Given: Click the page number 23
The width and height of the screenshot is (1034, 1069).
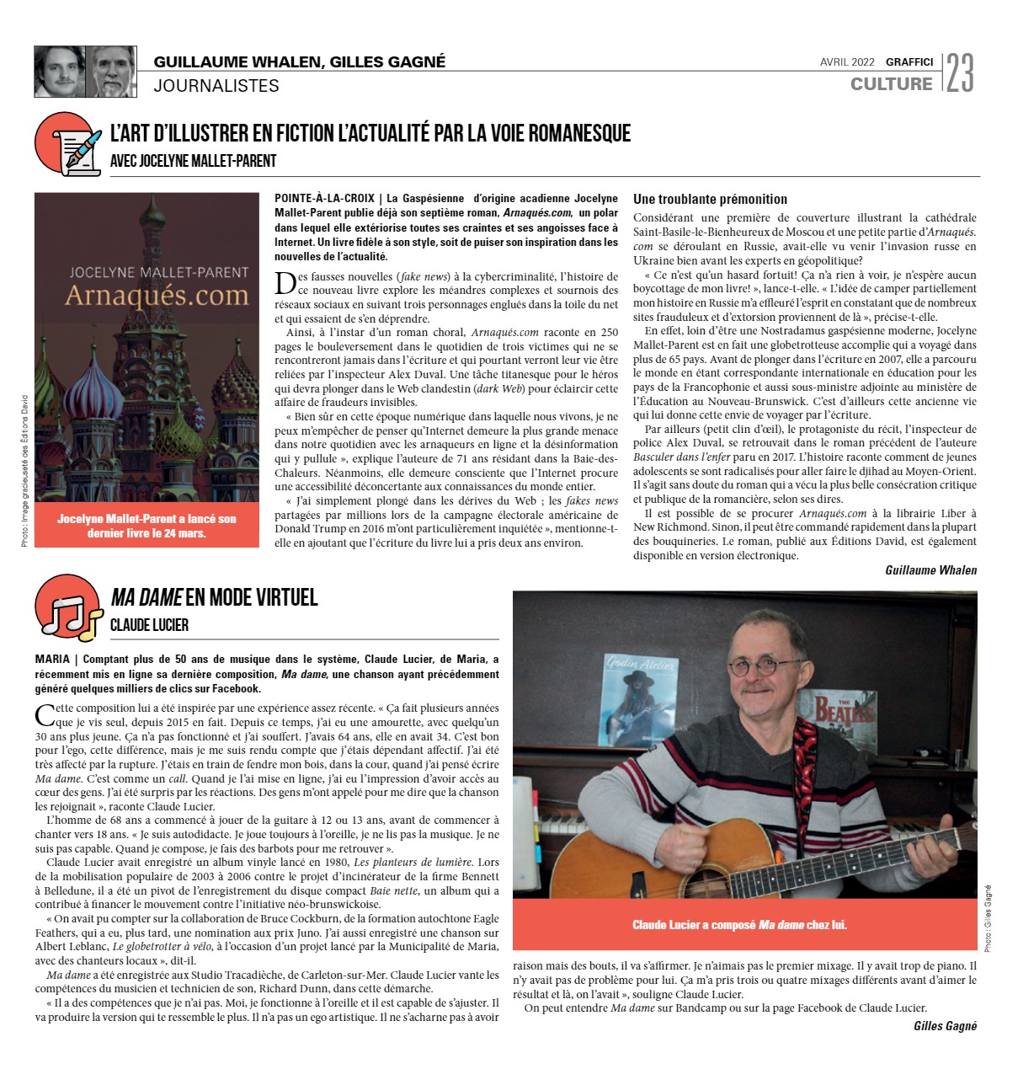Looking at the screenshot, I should click(960, 72).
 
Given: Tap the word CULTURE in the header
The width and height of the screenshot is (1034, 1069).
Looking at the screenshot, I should click(891, 83).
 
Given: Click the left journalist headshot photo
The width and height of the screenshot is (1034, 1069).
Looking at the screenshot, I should click(59, 72).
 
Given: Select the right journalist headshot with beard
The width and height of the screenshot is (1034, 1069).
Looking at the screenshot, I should click(111, 72).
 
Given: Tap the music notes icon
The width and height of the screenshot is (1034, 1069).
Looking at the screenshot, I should click(70, 608).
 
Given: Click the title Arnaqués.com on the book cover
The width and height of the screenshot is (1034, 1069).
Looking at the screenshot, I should click(157, 296).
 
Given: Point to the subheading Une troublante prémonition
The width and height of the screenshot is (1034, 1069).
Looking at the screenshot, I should click(710, 200).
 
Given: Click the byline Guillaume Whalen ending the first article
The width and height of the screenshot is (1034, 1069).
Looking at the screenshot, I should click(930, 570).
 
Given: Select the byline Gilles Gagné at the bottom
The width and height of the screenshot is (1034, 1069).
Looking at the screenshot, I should click(945, 1026).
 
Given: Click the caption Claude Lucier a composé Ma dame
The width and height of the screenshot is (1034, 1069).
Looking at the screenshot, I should click(738, 925).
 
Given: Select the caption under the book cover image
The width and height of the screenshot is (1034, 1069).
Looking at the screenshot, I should click(147, 526).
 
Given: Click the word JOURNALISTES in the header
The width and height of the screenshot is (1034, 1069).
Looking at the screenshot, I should click(216, 86).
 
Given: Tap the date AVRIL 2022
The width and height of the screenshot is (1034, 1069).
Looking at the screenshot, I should click(846, 62).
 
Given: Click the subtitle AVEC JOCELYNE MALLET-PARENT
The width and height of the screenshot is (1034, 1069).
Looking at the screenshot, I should click(193, 161).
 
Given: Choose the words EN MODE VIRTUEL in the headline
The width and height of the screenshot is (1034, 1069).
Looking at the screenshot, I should click(252, 598).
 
